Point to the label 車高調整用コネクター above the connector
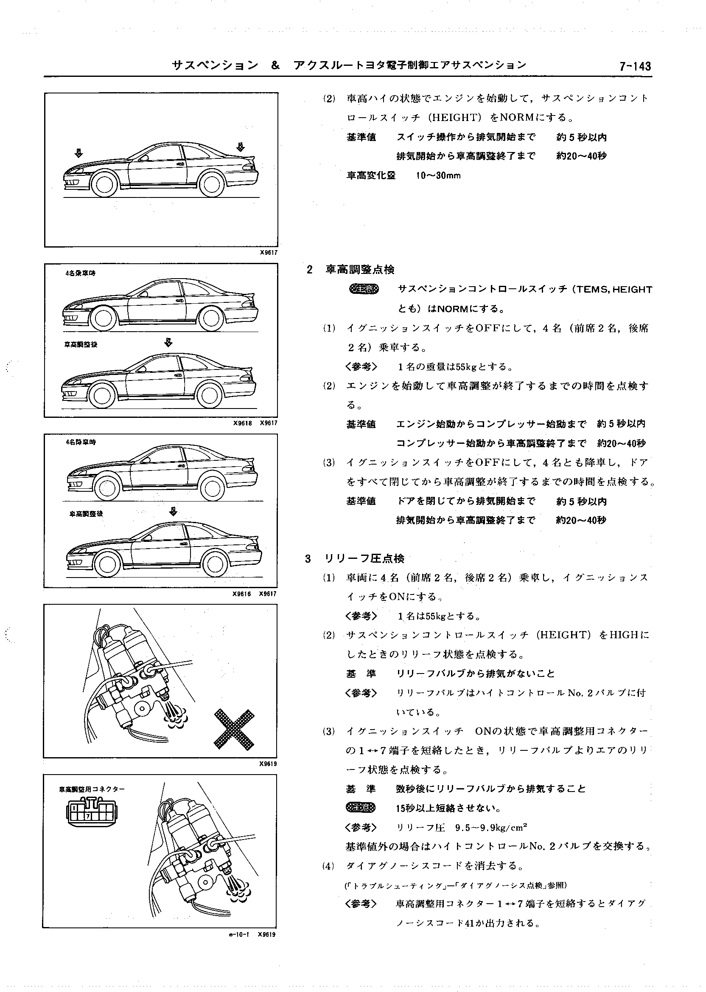click(x=92, y=789)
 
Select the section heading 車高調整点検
click(x=360, y=270)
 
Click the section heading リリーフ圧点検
click(x=364, y=559)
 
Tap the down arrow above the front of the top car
click(x=78, y=152)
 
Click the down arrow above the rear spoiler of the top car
click(x=240, y=147)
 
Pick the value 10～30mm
click(x=438, y=176)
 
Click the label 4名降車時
click(x=81, y=442)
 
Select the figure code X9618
click(x=243, y=423)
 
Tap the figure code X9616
click(x=242, y=594)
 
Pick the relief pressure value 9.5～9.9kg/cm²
click(x=491, y=828)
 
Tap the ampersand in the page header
click(x=275, y=66)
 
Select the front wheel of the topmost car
click(x=105, y=184)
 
